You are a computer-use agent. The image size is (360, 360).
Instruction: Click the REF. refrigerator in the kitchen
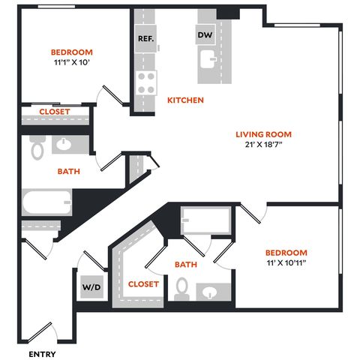(x=145, y=38)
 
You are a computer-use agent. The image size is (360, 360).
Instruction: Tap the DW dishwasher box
(x=205, y=34)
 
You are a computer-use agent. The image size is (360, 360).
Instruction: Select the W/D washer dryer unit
(x=91, y=286)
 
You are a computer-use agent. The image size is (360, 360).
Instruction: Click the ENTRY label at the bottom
(x=42, y=354)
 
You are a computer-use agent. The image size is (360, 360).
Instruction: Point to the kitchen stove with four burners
(x=146, y=82)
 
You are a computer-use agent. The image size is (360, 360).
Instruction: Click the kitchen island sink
(x=208, y=59)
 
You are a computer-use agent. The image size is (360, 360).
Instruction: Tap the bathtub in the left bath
(x=46, y=202)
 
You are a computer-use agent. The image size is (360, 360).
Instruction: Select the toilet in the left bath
(x=37, y=148)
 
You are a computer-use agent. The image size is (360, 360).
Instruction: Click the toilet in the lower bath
(x=181, y=289)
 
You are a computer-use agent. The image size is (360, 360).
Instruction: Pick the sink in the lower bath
(x=209, y=292)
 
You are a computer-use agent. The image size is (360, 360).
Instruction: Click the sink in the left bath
(x=64, y=144)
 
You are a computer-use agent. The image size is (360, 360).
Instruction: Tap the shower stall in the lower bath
(x=205, y=220)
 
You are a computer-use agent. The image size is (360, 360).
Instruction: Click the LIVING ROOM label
(x=264, y=134)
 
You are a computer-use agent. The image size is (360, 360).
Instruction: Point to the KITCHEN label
(x=185, y=100)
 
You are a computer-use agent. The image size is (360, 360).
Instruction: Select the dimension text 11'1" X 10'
(x=72, y=62)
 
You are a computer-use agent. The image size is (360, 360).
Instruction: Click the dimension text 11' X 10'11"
(x=286, y=262)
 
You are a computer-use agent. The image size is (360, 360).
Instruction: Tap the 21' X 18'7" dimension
(x=264, y=144)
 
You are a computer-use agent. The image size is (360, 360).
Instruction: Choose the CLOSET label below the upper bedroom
(x=55, y=112)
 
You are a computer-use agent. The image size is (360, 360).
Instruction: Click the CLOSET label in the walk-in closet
(x=143, y=284)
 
